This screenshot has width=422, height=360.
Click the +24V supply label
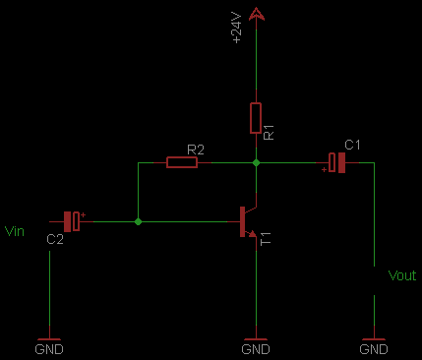pos(236,28)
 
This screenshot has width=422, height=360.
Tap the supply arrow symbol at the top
pos(257,15)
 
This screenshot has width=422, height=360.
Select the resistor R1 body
pos(256,118)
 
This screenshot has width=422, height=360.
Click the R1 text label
pos(269,132)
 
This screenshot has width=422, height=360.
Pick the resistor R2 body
pos(182,162)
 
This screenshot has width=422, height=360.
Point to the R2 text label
pos(196,150)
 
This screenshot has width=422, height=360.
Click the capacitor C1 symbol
pos(336,162)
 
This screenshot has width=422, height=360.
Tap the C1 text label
pos(352,145)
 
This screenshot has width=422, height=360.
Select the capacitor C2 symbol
pos(72,221)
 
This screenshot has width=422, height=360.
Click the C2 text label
pos(55,239)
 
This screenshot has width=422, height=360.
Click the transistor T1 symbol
pos(248,222)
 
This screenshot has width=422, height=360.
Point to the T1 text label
pos(266,238)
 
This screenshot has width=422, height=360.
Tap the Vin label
pos(15,231)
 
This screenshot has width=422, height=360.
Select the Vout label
pos(402,275)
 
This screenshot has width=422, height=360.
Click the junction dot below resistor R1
pos(256,162)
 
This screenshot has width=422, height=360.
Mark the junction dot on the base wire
pos(138,221)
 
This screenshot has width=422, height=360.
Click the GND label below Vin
pos(49,349)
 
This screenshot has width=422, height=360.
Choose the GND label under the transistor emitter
pos(256,349)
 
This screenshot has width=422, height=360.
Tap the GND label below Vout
pos(374,349)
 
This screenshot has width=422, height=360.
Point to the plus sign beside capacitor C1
pos(324,169)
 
